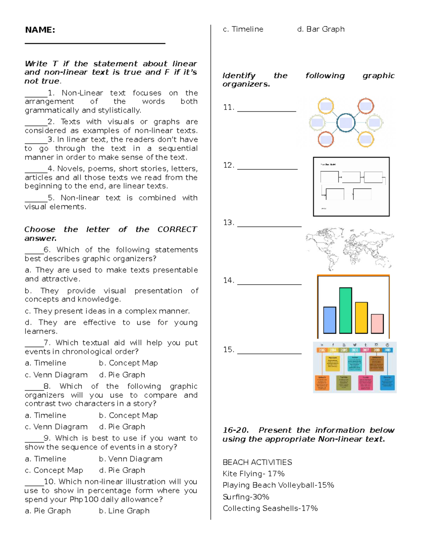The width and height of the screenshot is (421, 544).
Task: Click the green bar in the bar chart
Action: (x=346, y=310)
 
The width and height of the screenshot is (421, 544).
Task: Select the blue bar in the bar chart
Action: (x=329, y=320)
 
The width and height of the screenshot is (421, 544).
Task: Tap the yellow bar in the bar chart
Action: (x=361, y=317)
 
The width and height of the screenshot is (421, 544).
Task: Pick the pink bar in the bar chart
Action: (x=377, y=323)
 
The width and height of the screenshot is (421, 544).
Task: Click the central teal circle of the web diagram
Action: (x=346, y=123)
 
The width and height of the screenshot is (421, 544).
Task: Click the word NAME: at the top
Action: (x=40, y=30)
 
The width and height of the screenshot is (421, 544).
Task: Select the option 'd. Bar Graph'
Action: (x=321, y=29)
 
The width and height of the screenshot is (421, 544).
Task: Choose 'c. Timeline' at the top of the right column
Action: (x=243, y=29)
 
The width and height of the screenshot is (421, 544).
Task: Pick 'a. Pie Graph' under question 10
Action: (x=48, y=511)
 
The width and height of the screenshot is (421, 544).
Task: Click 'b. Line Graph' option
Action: (x=124, y=511)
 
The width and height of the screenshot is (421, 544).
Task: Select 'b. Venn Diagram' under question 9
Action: (x=131, y=459)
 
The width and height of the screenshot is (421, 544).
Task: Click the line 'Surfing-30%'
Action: (x=246, y=497)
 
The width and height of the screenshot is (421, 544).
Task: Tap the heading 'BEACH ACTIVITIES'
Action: (x=257, y=462)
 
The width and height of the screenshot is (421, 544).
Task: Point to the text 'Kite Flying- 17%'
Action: (x=253, y=474)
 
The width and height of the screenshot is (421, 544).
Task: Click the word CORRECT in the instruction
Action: (x=177, y=229)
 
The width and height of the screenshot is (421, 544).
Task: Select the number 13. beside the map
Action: (x=228, y=222)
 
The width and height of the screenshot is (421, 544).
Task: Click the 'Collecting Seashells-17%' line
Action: (x=270, y=508)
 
